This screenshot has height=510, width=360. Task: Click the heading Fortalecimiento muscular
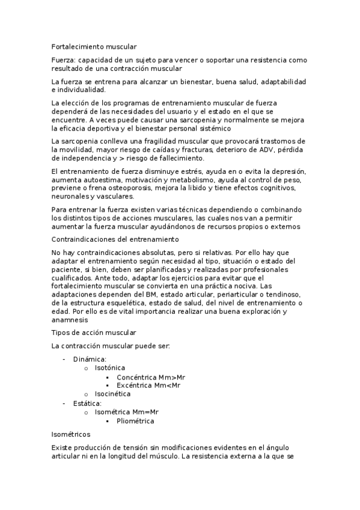click(x=94, y=46)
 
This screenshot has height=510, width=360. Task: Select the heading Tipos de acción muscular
click(x=94, y=333)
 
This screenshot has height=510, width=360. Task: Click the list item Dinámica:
click(x=90, y=359)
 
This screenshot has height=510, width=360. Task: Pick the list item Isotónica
click(x=110, y=367)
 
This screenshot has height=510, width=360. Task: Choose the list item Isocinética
click(x=113, y=394)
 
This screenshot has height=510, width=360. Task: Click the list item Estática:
click(x=87, y=403)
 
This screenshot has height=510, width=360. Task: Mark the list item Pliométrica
click(x=135, y=421)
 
